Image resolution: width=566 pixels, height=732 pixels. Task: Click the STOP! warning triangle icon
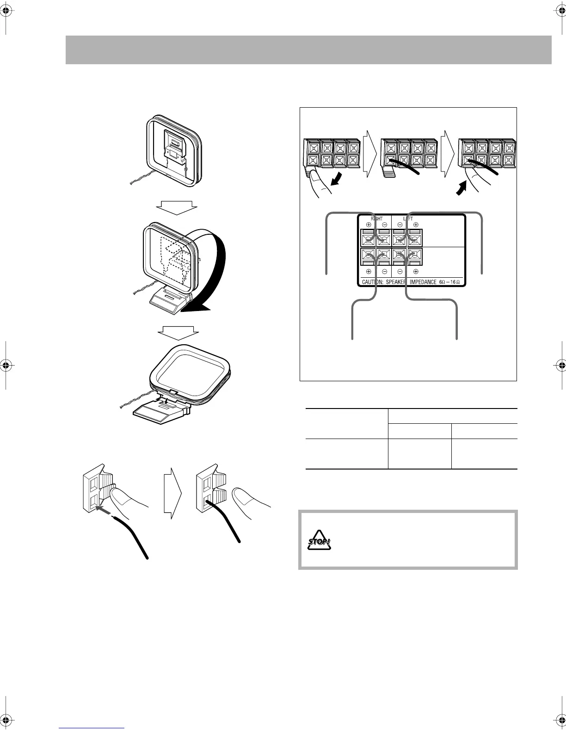(x=320, y=544)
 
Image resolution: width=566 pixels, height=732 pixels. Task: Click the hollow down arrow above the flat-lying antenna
(x=178, y=332)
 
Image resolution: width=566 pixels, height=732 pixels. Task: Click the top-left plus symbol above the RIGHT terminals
(x=369, y=225)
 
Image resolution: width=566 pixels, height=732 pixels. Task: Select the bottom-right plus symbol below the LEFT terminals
(x=415, y=272)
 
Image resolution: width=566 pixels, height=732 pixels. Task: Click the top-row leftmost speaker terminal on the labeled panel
(x=369, y=239)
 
